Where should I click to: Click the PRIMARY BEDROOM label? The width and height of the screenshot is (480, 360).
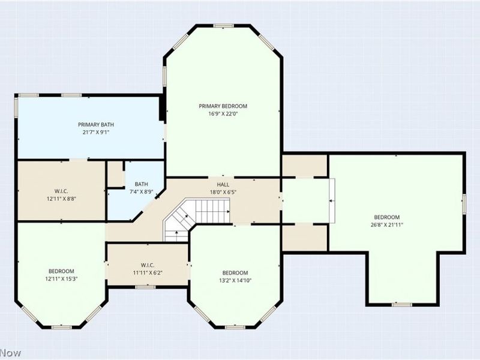coord(223,106)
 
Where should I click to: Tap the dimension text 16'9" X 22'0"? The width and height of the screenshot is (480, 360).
coord(223,114)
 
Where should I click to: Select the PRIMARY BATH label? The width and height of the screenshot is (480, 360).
coord(96,125)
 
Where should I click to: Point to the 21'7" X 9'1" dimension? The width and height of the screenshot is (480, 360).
coord(96,133)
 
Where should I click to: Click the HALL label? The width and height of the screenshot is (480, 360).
coord(223,185)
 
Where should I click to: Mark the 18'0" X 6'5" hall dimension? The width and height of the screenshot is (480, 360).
coord(223,192)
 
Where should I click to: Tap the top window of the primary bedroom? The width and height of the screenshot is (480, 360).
coord(223,26)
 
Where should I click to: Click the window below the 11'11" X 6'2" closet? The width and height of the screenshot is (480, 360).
coord(145,287)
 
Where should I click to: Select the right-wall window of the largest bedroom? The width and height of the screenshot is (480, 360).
coord(464,204)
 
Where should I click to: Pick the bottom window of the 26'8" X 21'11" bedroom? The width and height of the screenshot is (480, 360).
coord(402,304)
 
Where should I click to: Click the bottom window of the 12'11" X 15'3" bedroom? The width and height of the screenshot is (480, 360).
coord(61,327)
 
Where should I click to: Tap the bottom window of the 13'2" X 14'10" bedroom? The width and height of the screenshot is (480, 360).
coord(235,327)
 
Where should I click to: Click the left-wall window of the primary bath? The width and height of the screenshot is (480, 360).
coord(16,107)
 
